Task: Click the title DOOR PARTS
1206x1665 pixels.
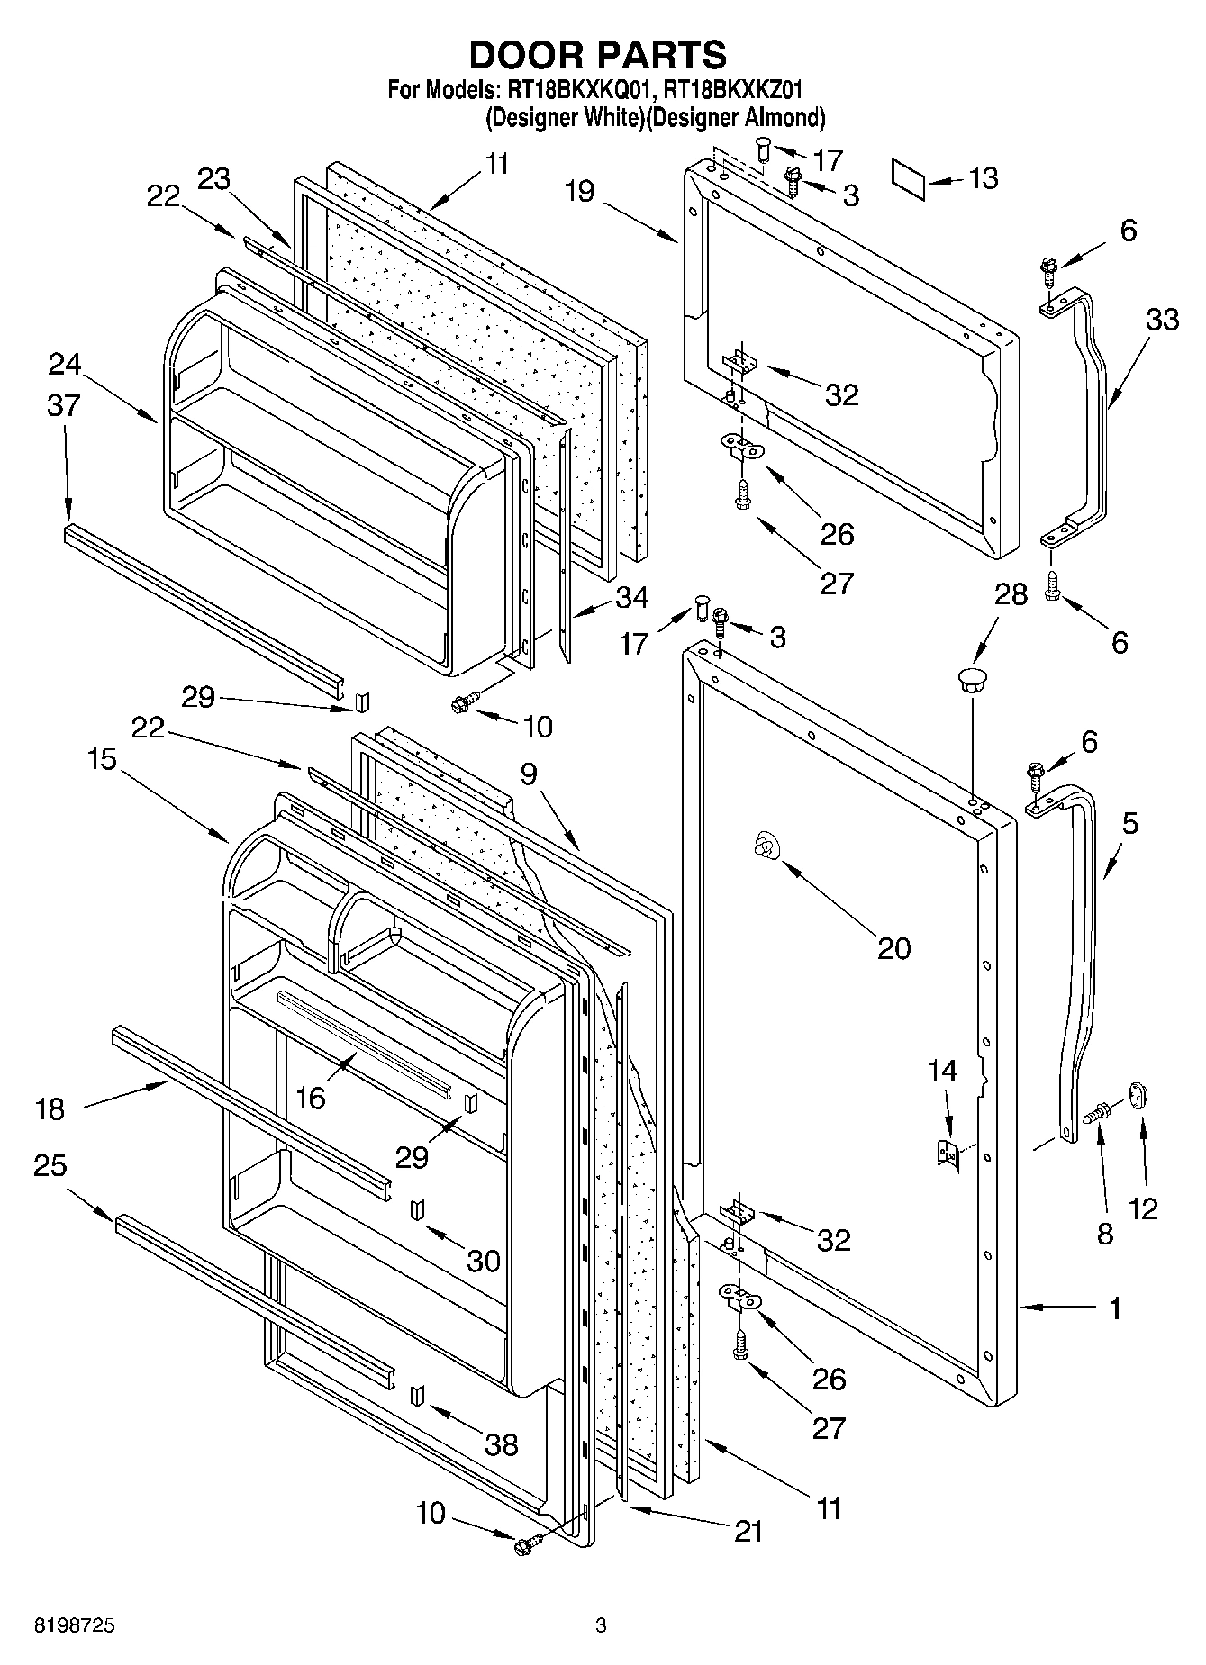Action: click(x=598, y=55)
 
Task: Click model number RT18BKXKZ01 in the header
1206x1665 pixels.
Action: click(x=732, y=90)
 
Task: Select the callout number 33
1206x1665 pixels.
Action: click(x=1162, y=319)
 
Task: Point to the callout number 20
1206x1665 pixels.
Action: click(x=893, y=947)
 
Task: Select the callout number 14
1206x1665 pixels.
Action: click(x=943, y=1070)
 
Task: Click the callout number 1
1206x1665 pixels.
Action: click(x=1115, y=1308)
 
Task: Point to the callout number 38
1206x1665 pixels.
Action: click(x=502, y=1444)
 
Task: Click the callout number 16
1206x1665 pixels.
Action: click(x=311, y=1097)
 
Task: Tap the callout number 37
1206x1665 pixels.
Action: click(x=63, y=406)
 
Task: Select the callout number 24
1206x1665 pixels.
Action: click(x=64, y=364)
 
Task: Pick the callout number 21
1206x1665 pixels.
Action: click(x=748, y=1531)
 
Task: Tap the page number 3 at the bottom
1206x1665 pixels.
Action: click(x=601, y=1626)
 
